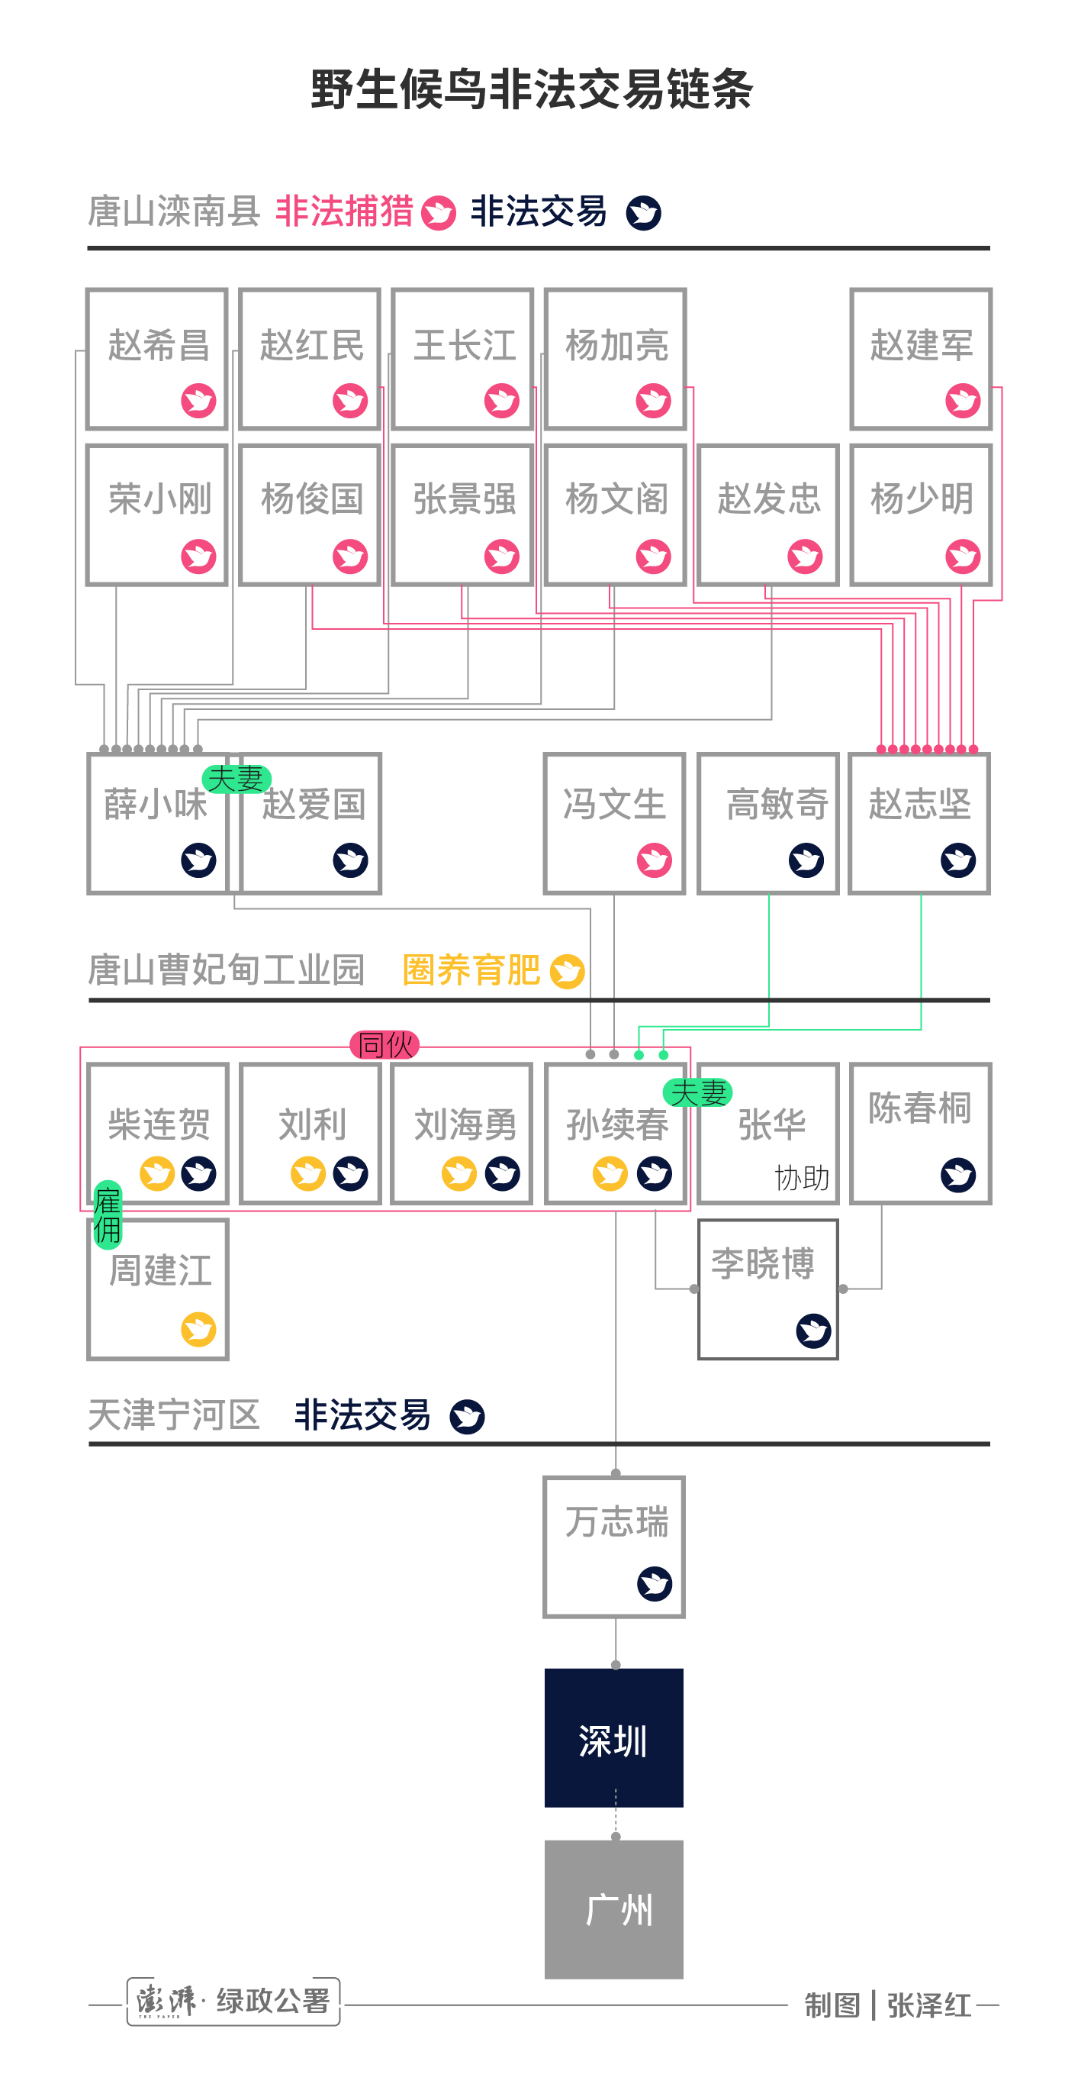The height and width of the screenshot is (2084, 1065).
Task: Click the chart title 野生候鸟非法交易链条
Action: [531, 89]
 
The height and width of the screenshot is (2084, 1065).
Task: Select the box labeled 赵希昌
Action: [157, 358]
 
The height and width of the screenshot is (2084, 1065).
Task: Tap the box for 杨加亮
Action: [615, 358]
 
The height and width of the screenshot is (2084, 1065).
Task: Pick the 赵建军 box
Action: [920, 358]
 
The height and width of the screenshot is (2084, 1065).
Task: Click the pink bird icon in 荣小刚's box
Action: [198, 556]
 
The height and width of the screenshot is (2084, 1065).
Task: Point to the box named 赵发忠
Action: [767, 515]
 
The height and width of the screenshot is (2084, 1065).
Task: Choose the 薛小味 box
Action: [157, 824]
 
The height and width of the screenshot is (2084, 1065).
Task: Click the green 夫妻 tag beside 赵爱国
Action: [236, 779]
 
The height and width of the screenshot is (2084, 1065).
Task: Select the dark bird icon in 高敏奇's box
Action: [806, 860]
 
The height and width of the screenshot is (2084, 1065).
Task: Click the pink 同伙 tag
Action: [385, 1044]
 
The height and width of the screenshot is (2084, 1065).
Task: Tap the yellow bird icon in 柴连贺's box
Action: [158, 1174]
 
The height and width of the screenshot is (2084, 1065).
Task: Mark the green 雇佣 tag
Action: [108, 1215]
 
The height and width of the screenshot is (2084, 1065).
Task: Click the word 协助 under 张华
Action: [801, 1178]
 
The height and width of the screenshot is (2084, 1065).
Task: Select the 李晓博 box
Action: [767, 1289]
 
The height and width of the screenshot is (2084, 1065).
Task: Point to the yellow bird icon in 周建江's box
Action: [198, 1329]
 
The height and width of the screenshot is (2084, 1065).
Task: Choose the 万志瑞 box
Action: [615, 1547]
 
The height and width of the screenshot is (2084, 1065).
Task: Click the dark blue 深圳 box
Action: [614, 1737]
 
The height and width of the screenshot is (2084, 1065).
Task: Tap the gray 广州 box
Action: [614, 1909]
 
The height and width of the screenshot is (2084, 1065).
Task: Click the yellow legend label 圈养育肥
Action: [471, 970]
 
